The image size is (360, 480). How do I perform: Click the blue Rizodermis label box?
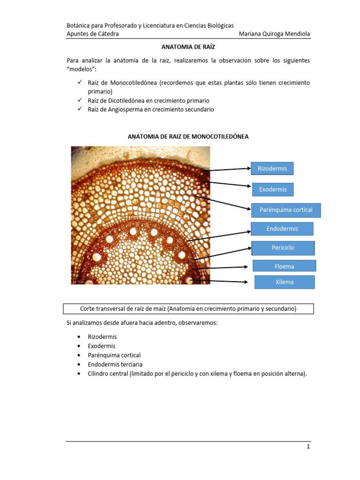(x=272, y=168)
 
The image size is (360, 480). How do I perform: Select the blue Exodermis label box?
(x=272, y=189)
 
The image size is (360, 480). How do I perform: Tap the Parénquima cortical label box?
(x=286, y=210)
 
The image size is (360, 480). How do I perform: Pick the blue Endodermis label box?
(x=282, y=229)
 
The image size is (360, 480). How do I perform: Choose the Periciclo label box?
(x=283, y=247)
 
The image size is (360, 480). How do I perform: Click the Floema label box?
(x=284, y=266)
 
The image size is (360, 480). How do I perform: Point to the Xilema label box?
(x=284, y=282)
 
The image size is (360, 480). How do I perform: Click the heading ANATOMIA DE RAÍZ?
(x=188, y=47)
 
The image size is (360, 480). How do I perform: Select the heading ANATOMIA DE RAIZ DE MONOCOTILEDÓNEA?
(x=188, y=136)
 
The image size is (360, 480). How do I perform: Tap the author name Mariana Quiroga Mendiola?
(x=274, y=34)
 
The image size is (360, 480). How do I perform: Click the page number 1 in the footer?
(x=308, y=447)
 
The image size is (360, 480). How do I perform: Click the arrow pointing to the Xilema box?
(x=218, y=281)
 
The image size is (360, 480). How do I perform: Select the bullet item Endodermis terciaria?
(x=115, y=364)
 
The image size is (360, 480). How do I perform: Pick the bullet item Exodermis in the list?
(x=101, y=346)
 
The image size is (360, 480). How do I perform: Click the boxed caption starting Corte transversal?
(x=188, y=309)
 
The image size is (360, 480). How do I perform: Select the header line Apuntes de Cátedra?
(x=92, y=34)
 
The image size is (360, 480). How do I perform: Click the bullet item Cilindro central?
(x=196, y=374)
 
